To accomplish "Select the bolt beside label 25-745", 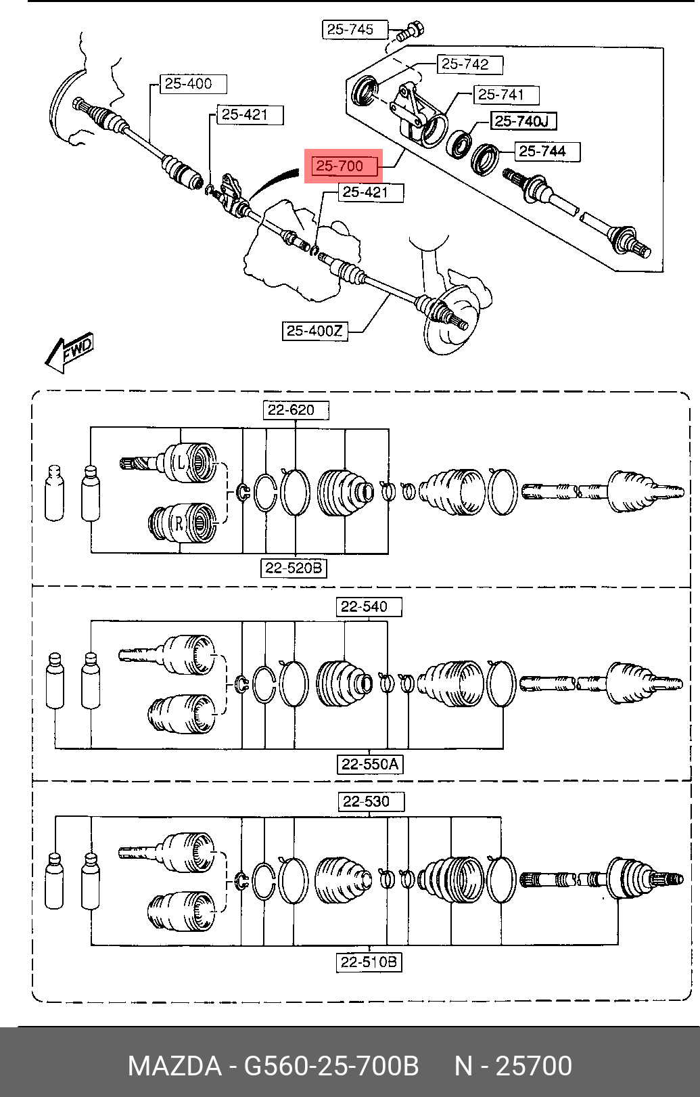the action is [x=410, y=30].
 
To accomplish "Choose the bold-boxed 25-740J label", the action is [x=523, y=121].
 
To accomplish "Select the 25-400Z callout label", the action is [x=314, y=331].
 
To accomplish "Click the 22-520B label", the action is [x=294, y=568].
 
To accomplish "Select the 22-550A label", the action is [x=370, y=764].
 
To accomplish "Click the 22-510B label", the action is [x=369, y=962].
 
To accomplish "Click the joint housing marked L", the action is [x=189, y=463].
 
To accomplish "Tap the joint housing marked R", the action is [x=182, y=523].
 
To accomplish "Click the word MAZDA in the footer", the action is [x=174, y=1066].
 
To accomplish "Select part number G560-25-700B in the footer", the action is [x=331, y=1066].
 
